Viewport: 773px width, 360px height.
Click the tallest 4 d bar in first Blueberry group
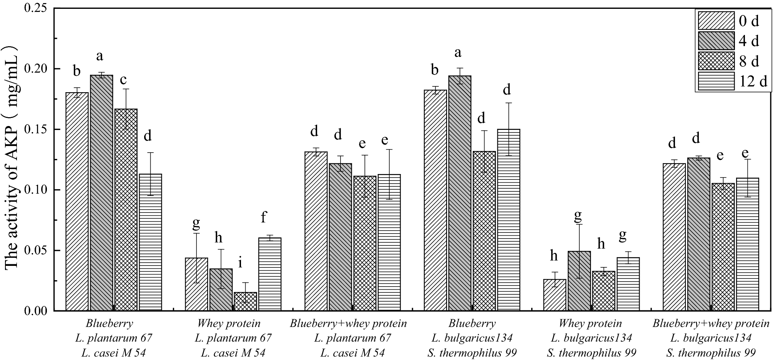click(x=101, y=192)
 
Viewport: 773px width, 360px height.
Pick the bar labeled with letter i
click(x=245, y=301)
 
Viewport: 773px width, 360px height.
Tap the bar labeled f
click(x=269, y=274)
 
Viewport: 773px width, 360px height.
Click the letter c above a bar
click(x=124, y=80)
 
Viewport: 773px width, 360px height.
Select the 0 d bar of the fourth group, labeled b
click(x=435, y=200)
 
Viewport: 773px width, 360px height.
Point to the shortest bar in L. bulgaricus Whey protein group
click(x=555, y=295)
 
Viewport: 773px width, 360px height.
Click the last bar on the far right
click(x=748, y=244)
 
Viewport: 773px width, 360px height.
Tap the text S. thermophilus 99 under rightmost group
click(x=711, y=353)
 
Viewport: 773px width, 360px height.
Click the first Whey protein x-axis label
click(x=229, y=324)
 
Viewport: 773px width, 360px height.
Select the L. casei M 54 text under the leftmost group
click(x=113, y=353)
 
